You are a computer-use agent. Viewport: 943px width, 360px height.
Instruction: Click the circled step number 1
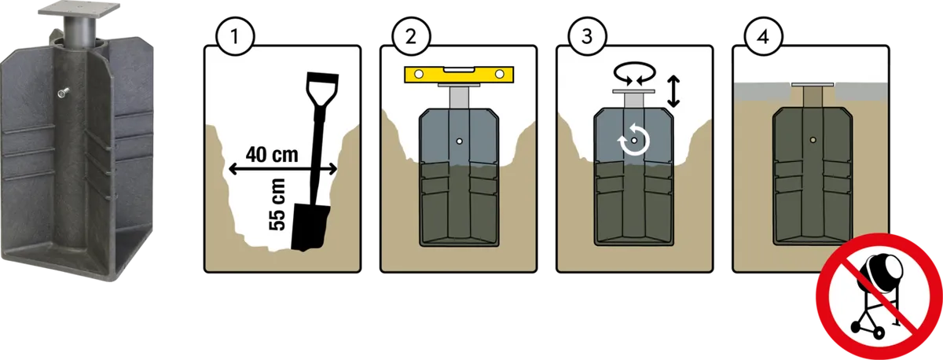235,36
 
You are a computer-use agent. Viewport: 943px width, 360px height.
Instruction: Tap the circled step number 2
411,36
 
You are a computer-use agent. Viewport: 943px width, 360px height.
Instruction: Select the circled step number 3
587,36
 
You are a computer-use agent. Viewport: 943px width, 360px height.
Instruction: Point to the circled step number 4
763,36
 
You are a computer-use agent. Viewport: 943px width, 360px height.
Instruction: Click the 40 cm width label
272,155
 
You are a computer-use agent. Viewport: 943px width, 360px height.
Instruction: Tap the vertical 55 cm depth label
277,204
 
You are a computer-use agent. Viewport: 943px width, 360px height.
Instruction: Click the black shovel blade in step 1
309,227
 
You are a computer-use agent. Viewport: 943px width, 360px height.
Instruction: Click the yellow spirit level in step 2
459,74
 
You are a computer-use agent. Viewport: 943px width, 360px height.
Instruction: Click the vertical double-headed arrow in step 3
673,91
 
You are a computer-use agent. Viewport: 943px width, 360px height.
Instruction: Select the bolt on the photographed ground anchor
63,93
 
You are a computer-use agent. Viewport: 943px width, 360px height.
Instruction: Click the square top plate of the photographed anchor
79,9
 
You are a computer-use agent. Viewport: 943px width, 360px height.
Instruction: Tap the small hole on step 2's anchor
459,141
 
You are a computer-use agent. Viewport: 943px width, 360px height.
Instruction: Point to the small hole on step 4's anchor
813,140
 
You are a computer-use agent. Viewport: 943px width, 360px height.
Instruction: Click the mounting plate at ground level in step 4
813,85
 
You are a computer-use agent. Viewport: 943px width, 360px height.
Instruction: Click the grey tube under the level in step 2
459,97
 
